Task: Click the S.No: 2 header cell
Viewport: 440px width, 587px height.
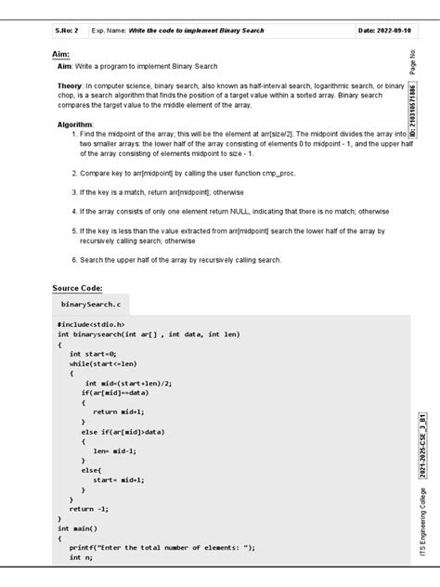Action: coord(70,31)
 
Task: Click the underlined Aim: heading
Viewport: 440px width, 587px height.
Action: coord(61,55)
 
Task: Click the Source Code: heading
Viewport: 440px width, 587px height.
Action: coord(77,289)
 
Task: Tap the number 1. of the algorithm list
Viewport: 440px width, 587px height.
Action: coord(72,134)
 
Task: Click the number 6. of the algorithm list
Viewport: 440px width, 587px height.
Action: coord(72,260)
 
